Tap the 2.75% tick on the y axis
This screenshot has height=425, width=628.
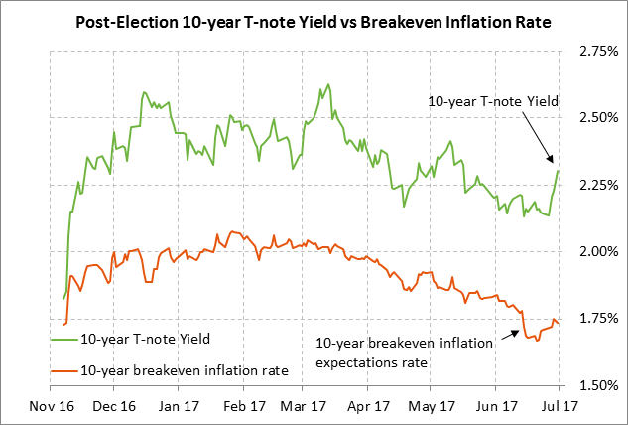coord(591,50)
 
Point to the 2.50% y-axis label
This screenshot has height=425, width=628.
coord(591,117)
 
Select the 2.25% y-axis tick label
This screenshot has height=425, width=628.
coord(591,185)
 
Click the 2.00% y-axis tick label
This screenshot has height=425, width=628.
coord(591,251)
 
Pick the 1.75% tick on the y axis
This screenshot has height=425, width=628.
coord(591,319)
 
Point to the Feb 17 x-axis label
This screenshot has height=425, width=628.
coord(243,405)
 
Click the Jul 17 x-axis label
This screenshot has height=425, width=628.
coord(558,405)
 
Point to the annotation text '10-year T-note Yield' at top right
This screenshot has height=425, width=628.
coord(493,100)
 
